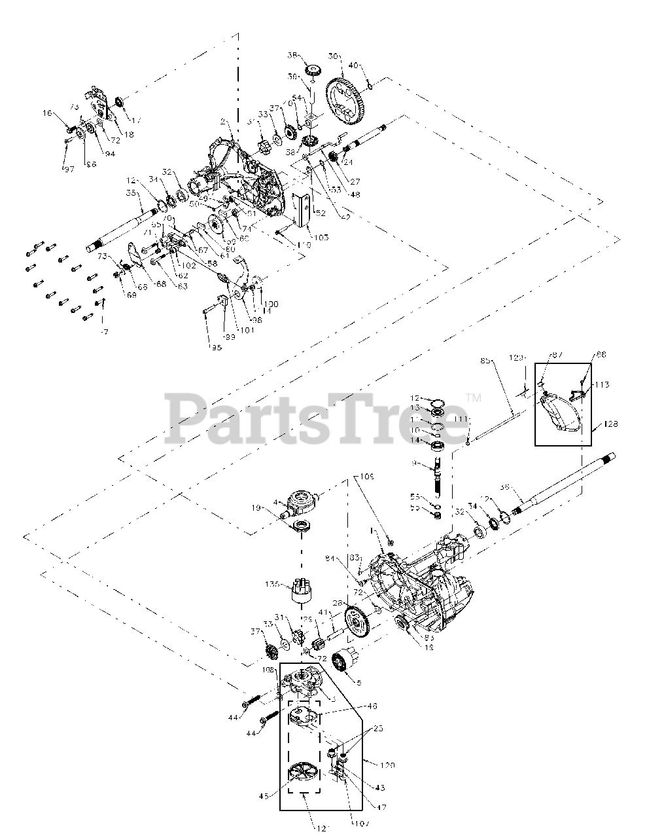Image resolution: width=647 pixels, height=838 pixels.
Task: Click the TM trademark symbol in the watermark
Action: coord(474,397)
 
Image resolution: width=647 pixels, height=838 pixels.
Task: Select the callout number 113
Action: coord(602,385)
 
